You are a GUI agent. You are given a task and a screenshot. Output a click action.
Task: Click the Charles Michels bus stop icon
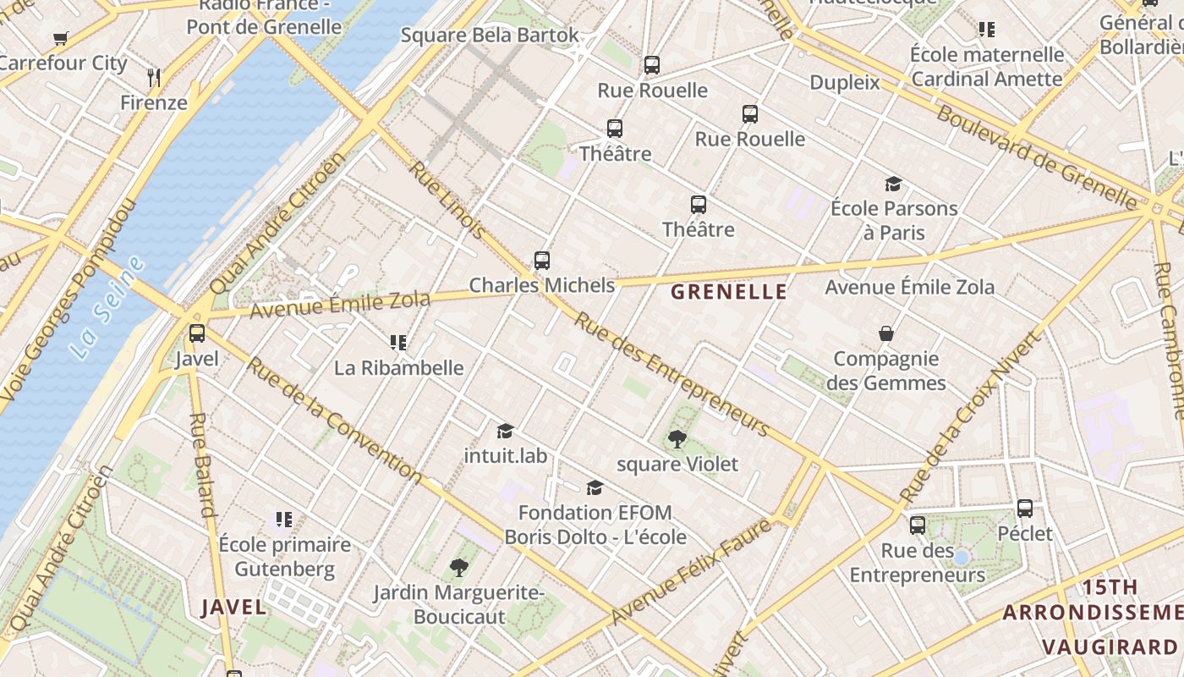coord(542,260)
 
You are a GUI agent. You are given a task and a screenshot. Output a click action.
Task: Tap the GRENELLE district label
coord(728,292)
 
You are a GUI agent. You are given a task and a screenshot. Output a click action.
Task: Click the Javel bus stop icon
coord(197,333)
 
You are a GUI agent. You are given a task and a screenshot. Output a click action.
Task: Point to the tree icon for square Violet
coord(677,438)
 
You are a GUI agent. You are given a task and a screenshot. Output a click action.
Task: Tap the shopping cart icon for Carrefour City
coord(60,38)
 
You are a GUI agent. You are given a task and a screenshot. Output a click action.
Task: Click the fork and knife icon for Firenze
coord(153,78)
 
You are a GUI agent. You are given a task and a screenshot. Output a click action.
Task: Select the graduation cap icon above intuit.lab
coord(505,432)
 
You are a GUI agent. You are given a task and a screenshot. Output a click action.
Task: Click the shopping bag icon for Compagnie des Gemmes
coord(885,333)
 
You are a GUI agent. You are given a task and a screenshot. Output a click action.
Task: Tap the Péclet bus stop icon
coord(1024,509)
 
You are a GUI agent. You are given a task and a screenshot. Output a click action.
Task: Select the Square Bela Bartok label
coord(490,35)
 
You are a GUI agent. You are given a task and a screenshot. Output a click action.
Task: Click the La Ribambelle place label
coord(398,367)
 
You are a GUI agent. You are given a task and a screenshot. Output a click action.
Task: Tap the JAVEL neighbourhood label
coord(233,607)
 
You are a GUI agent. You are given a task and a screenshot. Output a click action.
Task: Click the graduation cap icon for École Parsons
coord(893,184)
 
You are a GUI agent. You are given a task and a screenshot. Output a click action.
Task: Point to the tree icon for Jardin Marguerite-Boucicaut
coord(458,567)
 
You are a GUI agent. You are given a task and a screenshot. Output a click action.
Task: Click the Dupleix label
coord(844,82)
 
